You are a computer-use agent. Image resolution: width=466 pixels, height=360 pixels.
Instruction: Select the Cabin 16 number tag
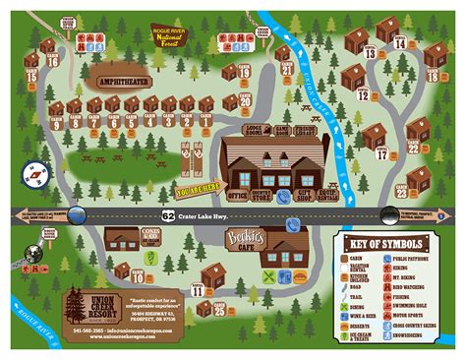(52, 61)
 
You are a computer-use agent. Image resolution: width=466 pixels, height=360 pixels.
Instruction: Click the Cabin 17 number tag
(379, 153)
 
